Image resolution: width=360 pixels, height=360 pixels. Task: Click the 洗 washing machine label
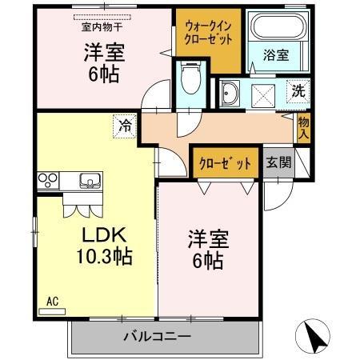[297, 90]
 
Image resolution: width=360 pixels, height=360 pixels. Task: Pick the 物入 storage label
[303, 129]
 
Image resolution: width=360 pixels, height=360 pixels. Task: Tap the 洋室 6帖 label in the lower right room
[207, 249]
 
